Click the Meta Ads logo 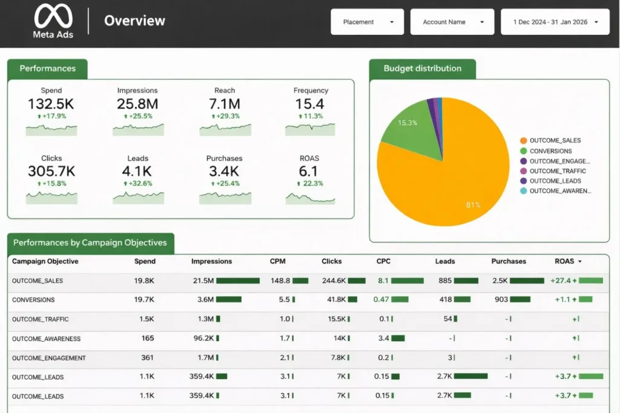(53, 21)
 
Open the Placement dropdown (367, 22)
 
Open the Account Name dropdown (452, 22)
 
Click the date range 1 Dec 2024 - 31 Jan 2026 (554, 22)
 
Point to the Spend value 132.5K (51, 103)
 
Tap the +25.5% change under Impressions (138, 116)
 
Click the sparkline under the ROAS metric (310, 197)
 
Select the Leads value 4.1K (137, 171)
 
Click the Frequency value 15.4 (310, 103)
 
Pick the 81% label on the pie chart (473, 205)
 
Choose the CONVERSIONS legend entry (550, 151)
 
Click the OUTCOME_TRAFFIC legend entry (557, 171)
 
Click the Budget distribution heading (422, 68)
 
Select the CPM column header (278, 261)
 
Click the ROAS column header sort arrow (580, 262)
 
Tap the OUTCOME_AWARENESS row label (46, 339)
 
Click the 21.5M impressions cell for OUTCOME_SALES (203, 281)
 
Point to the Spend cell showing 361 (147, 358)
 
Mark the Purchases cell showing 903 (501, 300)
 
